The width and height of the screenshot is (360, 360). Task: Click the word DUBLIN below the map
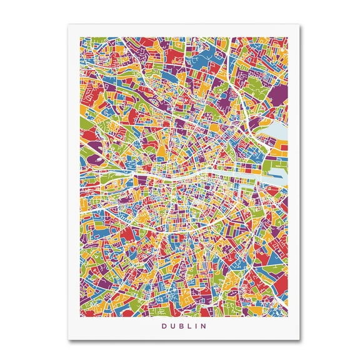pos(180,326)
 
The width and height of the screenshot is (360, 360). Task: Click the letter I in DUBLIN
pos(192,326)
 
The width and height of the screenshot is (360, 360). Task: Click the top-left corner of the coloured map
pos(80,37)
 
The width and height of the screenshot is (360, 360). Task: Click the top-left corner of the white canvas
pos(68,25)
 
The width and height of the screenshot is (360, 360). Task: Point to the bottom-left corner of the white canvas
pos(68,340)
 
